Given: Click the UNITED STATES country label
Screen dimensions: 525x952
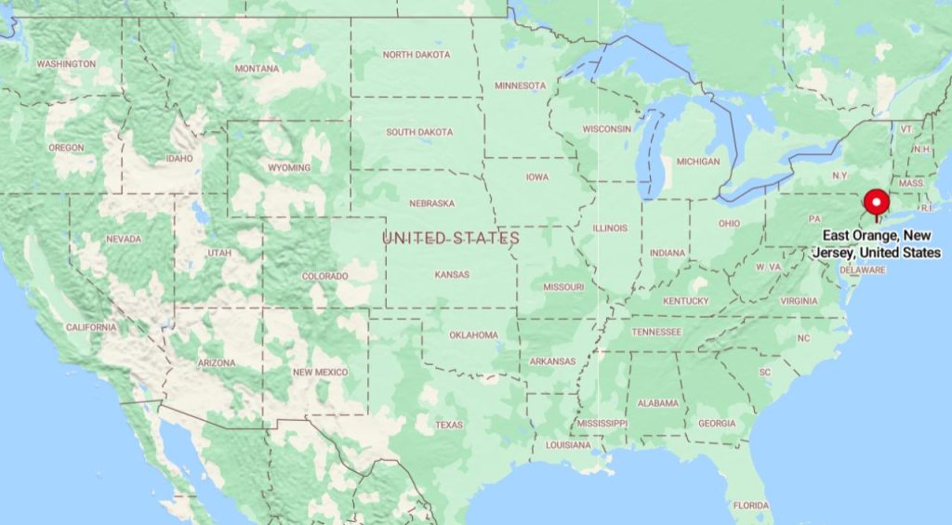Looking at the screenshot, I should click(x=451, y=239).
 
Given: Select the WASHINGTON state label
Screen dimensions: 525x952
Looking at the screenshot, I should click(x=65, y=64).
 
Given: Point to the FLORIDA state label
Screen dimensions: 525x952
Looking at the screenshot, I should click(x=750, y=505).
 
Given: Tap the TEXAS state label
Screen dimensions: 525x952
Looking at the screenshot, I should click(x=449, y=425).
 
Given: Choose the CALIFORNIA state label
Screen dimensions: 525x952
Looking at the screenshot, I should click(x=91, y=327).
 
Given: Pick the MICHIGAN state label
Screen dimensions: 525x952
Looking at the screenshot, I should click(x=697, y=162).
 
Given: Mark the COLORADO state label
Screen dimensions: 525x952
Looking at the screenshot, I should click(x=324, y=276).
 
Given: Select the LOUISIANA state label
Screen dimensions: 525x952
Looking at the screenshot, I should click(x=568, y=445).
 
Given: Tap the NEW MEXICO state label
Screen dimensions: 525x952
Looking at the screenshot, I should click(x=321, y=372).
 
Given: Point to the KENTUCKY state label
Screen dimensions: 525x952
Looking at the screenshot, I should click(x=685, y=301).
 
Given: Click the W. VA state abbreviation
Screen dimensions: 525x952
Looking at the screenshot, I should click(x=769, y=267).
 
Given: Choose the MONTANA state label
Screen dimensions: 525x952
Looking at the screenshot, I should click(x=257, y=69).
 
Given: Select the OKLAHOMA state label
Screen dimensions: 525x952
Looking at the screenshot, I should click(x=473, y=335).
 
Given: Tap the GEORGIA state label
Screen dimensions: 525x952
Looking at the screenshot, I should click(x=717, y=424).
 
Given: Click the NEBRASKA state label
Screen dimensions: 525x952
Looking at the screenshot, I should click(x=431, y=203).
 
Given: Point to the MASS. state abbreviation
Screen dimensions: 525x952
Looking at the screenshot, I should click(x=911, y=184).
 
